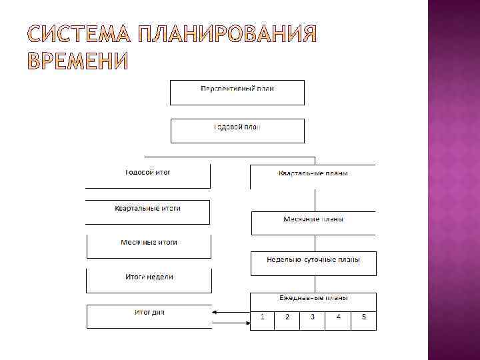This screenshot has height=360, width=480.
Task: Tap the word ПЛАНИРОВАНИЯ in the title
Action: (227, 35)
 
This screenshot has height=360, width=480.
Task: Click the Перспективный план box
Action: (237, 92)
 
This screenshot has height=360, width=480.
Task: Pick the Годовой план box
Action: (237, 131)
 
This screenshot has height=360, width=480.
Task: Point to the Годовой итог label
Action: (148, 172)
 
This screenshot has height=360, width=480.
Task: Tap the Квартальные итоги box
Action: (147, 212)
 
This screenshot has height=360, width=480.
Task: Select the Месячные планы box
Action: (313, 223)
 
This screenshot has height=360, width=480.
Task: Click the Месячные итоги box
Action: (149, 246)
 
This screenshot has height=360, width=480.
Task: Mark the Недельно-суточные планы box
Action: (313, 263)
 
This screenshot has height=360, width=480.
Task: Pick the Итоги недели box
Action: (149, 281)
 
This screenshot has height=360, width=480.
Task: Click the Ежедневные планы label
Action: (313, 298)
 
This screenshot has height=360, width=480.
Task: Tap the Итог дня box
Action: (149, 316)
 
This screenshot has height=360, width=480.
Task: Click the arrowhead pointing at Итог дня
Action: (215, 311)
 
